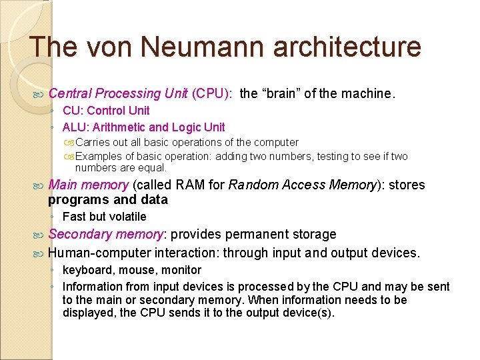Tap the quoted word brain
coord(281,93)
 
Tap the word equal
coord(152,167)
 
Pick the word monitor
coord(181,270)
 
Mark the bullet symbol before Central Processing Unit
coord(39,94)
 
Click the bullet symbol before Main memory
coord(39,185)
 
